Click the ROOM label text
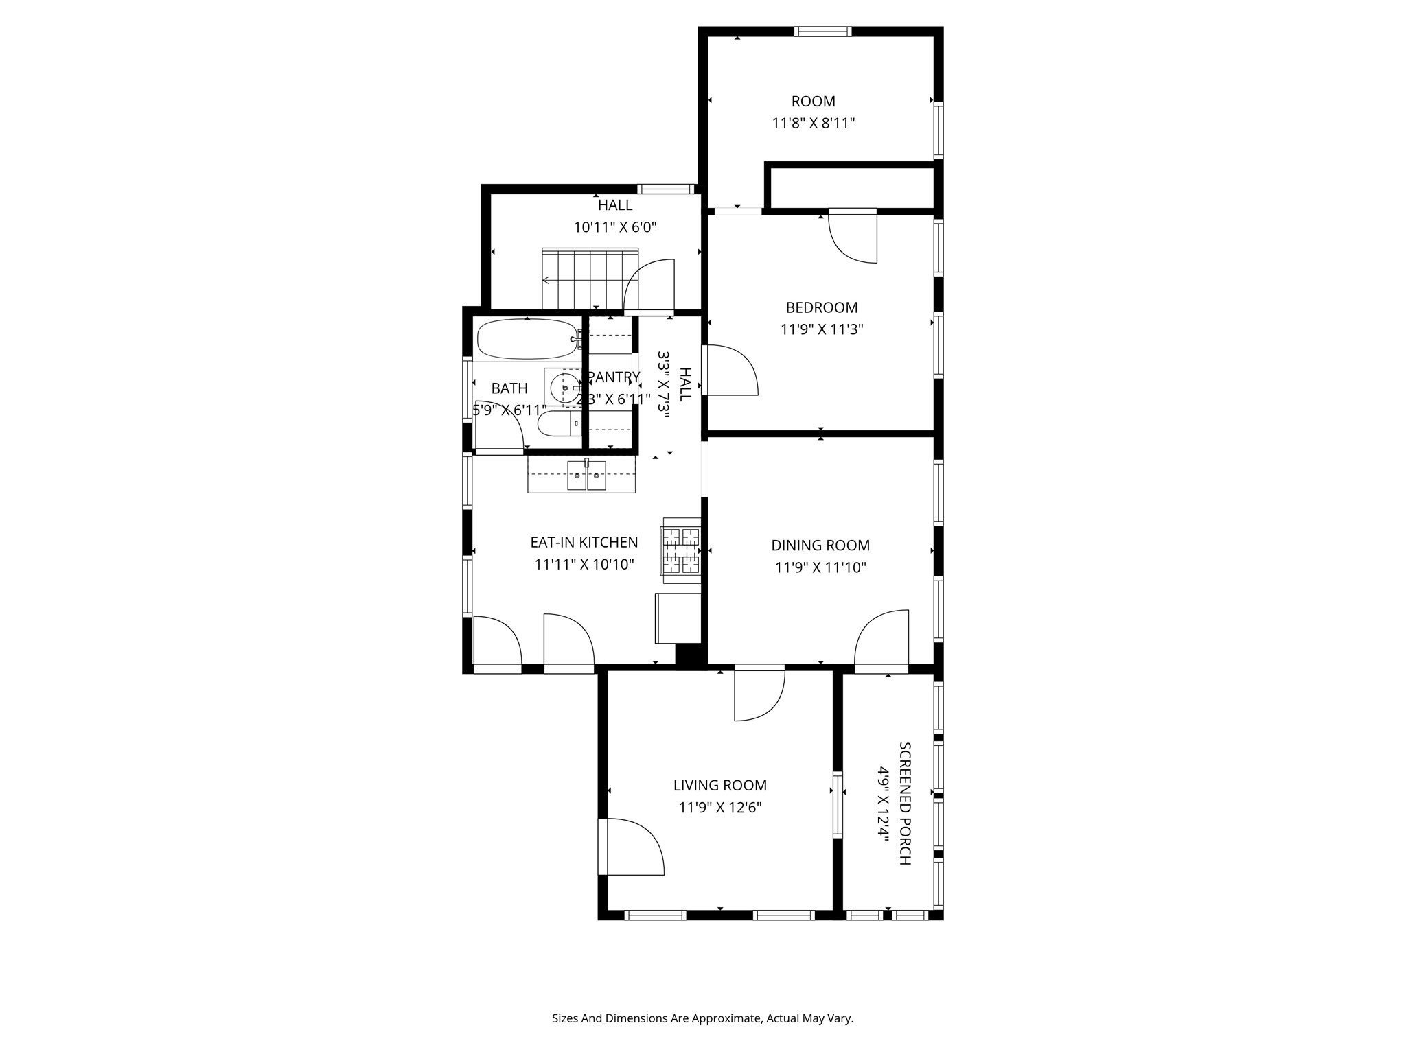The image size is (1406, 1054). coord(813,102)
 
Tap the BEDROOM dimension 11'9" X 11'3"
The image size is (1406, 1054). coord(821,329)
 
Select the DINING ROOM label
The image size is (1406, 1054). coord(820,546)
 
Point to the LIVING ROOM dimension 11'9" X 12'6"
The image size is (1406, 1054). coord(720,808)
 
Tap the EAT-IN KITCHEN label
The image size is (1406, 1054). coord(584,542)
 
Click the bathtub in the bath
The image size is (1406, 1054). coord(527,339)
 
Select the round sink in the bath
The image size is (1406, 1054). coord(564,388)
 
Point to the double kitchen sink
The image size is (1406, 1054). coord(586,476)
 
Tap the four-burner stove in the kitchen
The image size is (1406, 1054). coord(680,550)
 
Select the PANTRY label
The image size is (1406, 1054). coord(613,377)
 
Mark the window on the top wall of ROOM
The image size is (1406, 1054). coord(822,32)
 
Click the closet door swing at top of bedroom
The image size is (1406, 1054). coord(853,237)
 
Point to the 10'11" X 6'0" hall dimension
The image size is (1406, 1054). coord(615,227)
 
